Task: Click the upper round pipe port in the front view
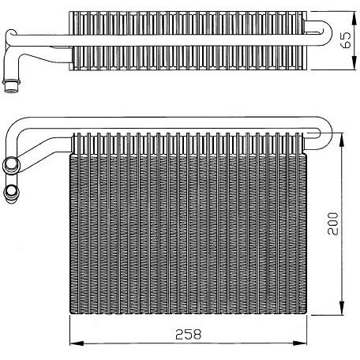pyautogui.click(x=12, y=164)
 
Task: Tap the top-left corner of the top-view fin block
pyautogui.click(x=72, y=13)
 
